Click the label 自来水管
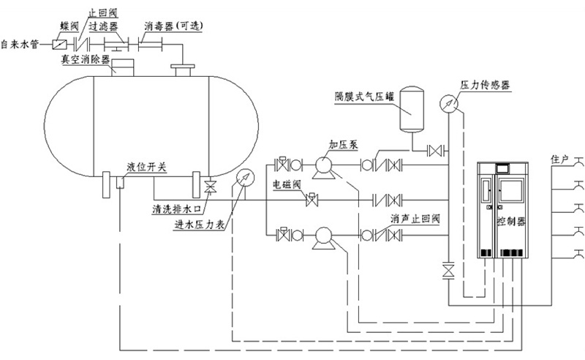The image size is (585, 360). (20, 45)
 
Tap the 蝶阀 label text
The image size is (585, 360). (69, 26)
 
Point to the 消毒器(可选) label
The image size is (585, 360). (172, 26)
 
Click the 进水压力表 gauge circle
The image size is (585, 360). (244, 178)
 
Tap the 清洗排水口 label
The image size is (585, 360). (176, 207)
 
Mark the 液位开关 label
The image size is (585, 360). (146, 168)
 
